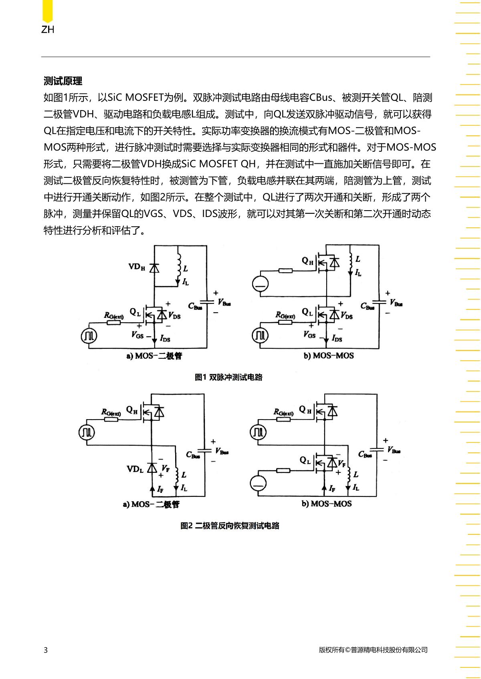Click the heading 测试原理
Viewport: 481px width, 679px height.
tap(63, 81)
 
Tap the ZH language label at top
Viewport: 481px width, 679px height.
tap(48, 29)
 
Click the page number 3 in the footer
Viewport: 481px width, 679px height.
tap(46, 650)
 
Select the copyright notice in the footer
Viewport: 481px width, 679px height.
tap(373, 650)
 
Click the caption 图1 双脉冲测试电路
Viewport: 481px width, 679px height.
tap(228, 377)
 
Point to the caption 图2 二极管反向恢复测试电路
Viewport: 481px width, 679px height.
tap(229, 525)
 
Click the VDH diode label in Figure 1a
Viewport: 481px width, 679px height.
tap(137, 267)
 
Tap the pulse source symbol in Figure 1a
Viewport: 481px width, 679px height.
tap(89, 335)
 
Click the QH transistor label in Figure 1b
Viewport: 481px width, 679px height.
tap(307, 261)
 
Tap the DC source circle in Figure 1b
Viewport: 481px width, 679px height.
tap(261, 284)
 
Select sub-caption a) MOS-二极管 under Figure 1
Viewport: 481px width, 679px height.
tap(154, 356)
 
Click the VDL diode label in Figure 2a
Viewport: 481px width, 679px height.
tap(135, 469)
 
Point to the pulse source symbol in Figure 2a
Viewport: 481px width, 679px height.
tap(87, 432)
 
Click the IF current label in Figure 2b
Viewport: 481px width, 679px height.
tap(332, 488)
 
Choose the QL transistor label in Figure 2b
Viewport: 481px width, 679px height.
tap(305, 460)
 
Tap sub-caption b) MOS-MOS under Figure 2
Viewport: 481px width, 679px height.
tap(326, 504)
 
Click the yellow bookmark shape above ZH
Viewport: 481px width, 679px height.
tap(47, 11)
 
